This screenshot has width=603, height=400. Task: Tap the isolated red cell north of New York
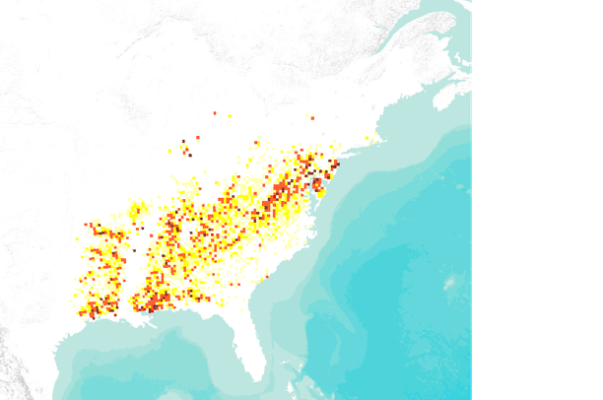point(312,118)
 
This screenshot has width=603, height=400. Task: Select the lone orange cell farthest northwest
point(214,113)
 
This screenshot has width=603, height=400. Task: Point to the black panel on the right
point(538,197)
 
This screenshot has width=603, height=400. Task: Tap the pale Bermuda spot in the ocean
point(449,283)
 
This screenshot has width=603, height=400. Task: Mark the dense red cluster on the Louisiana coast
point(153,301)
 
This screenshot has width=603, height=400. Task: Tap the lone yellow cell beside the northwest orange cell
point(230,116)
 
